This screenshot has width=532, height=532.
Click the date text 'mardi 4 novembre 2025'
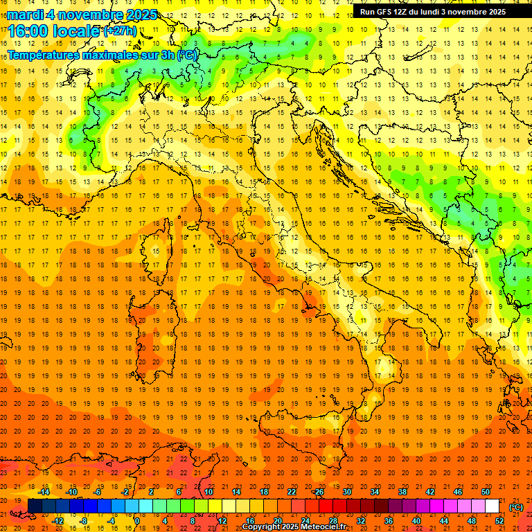point(82,15)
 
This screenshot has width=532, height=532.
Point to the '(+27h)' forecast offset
point(120,30)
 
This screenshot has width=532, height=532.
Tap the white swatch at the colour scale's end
point(492,506)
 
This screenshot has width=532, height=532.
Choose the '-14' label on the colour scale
point(44,492)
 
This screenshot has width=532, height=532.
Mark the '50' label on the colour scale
point(485,492)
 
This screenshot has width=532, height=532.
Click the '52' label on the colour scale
point(499,520)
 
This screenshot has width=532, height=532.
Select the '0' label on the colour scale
point(138,520)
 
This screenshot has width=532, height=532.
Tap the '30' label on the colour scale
point(346,492)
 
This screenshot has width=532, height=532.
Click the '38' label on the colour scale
point(402,492)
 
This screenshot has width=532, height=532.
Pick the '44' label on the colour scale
point(443,520)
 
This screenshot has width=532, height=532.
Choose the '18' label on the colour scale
point(263,492)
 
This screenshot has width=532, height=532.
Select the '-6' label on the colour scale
point(98,492)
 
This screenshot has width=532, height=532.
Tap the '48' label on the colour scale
point(471,520)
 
